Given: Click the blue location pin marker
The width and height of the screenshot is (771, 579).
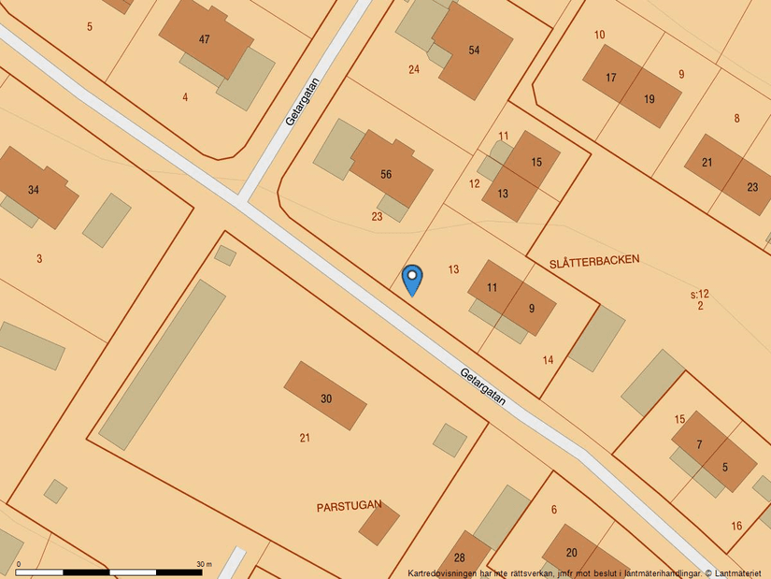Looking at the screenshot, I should click(412, 279).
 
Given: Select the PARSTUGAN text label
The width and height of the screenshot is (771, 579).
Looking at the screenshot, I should click(349, 505).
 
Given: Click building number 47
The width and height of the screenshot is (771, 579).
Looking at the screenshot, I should click(205, 39).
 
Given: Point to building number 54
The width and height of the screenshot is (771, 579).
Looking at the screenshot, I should click(474, 50).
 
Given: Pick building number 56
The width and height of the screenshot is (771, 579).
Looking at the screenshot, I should click(386, 174).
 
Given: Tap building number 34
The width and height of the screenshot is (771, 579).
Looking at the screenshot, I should click(34, 190).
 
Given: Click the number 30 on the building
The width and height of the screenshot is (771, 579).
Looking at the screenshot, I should click(326, 398).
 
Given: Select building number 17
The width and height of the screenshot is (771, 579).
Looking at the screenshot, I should click(611, 78).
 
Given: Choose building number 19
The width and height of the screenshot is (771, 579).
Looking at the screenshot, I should click(650, 98).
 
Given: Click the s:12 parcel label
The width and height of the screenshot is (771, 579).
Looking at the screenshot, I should click(700, 295).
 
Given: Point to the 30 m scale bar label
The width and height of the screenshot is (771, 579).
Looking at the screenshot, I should click(205, 564).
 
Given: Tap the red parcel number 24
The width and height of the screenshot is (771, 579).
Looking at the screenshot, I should click(414, 69).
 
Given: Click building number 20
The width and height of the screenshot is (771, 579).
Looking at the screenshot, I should click(572, 552).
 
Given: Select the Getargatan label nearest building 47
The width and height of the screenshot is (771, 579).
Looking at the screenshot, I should click(303, 101).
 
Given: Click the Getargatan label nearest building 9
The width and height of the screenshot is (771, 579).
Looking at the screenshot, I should click(483, 385).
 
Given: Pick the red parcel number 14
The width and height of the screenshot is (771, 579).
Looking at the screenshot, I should click(548, 360).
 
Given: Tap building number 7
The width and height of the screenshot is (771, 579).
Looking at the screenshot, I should click(699, 443).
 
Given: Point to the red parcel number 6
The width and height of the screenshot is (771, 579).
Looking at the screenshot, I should click(554, 509).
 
